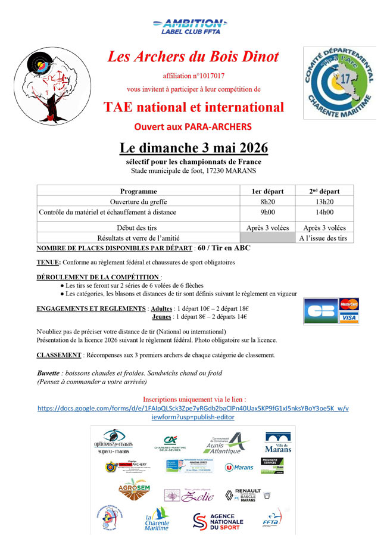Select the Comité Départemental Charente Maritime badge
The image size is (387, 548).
(339, 83)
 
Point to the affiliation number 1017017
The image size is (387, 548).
(193, 77)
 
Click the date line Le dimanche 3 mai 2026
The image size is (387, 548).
(193, 148)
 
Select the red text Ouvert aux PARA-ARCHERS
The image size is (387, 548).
(193, 126)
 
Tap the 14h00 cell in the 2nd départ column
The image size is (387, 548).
(324, 211)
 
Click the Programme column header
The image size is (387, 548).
(138, 191)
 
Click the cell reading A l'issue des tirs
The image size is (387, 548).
(324, 238)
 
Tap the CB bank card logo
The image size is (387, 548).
(320, 311)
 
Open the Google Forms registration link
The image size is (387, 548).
(193, 413)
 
